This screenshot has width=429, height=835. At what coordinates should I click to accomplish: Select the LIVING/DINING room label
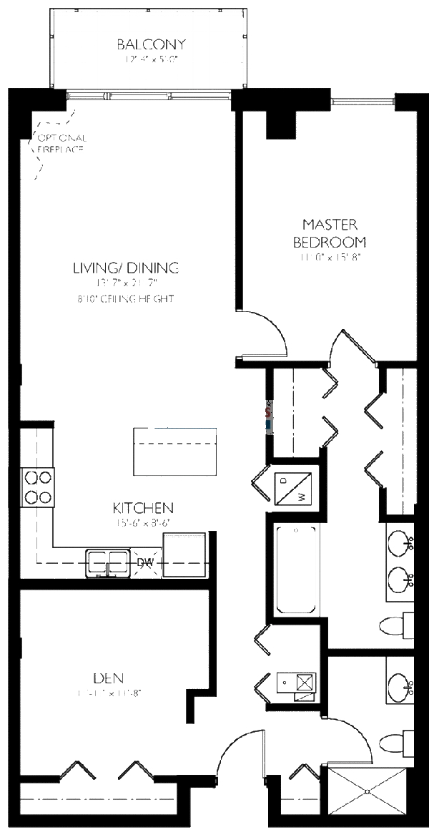[125, 268]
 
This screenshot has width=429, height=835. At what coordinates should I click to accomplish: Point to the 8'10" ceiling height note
[125, 299]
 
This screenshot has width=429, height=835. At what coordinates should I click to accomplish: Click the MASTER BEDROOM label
[329, 233]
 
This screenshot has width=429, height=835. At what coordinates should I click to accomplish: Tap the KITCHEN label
[143, 508]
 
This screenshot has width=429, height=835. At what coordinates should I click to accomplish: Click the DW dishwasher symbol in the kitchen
[145, 563]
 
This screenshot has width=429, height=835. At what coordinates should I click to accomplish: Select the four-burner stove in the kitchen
[38, 487]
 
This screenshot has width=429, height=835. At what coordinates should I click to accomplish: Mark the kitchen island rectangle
[175, 451]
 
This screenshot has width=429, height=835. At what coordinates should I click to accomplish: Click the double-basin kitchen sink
[107, 560]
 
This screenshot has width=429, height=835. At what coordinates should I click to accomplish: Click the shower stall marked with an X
[368, 791]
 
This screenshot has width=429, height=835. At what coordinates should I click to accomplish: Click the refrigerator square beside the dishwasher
[184, 554]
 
